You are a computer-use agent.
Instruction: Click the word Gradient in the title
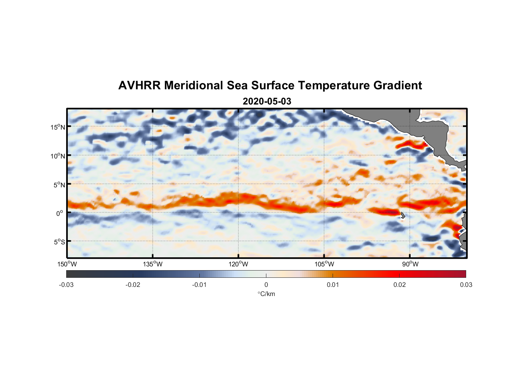coord(397,85)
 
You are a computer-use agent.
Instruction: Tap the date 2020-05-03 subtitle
coord(267,101)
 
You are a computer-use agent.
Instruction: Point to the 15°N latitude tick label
coord(57,127)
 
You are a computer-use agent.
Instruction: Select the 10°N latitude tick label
coord(57,156)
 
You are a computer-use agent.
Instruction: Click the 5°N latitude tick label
coord(59,185)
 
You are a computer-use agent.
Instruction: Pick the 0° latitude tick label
coord(60,213)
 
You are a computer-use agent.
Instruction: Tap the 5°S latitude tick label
coord(59,242)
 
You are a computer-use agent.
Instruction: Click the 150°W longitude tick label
coord(67,264)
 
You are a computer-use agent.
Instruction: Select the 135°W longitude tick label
coord(153,264)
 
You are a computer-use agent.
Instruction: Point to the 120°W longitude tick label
coord(239,264)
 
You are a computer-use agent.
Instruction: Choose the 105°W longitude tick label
coord(324,264)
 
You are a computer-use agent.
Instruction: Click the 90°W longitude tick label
coord(410,264)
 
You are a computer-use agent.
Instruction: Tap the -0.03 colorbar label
coord(66,285)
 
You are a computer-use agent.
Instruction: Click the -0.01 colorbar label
coord(199,285)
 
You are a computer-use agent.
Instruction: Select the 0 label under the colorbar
coord(266,285)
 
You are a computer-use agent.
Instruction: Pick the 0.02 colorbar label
coord(400,285)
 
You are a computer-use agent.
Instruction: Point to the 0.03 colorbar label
coord(466,285)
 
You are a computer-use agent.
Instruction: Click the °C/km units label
coord(266,294)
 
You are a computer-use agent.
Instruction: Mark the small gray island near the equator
coord(403,215)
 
